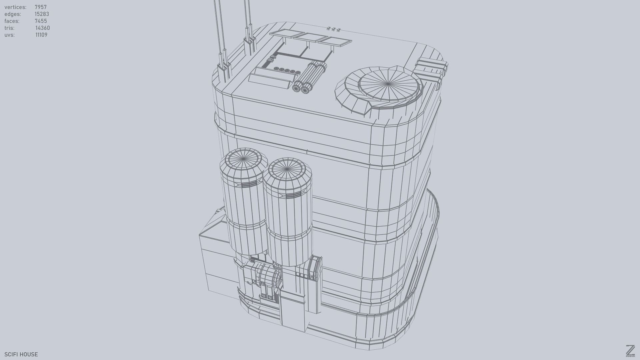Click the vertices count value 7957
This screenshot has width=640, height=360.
coord(41,7)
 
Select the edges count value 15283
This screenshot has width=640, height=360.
coord(42,14)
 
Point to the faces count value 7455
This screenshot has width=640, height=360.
coord(41,21)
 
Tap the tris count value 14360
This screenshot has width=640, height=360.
coord(42,28)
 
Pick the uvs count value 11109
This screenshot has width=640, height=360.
coord(41,35)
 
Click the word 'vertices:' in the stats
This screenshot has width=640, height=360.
coord(15,7)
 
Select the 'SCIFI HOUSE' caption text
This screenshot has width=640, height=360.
coord(21,354)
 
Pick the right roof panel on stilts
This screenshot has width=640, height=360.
coord(335,41)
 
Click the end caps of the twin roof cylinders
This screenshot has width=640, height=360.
coord(301,89)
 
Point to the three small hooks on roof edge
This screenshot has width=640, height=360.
coord(333,29)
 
